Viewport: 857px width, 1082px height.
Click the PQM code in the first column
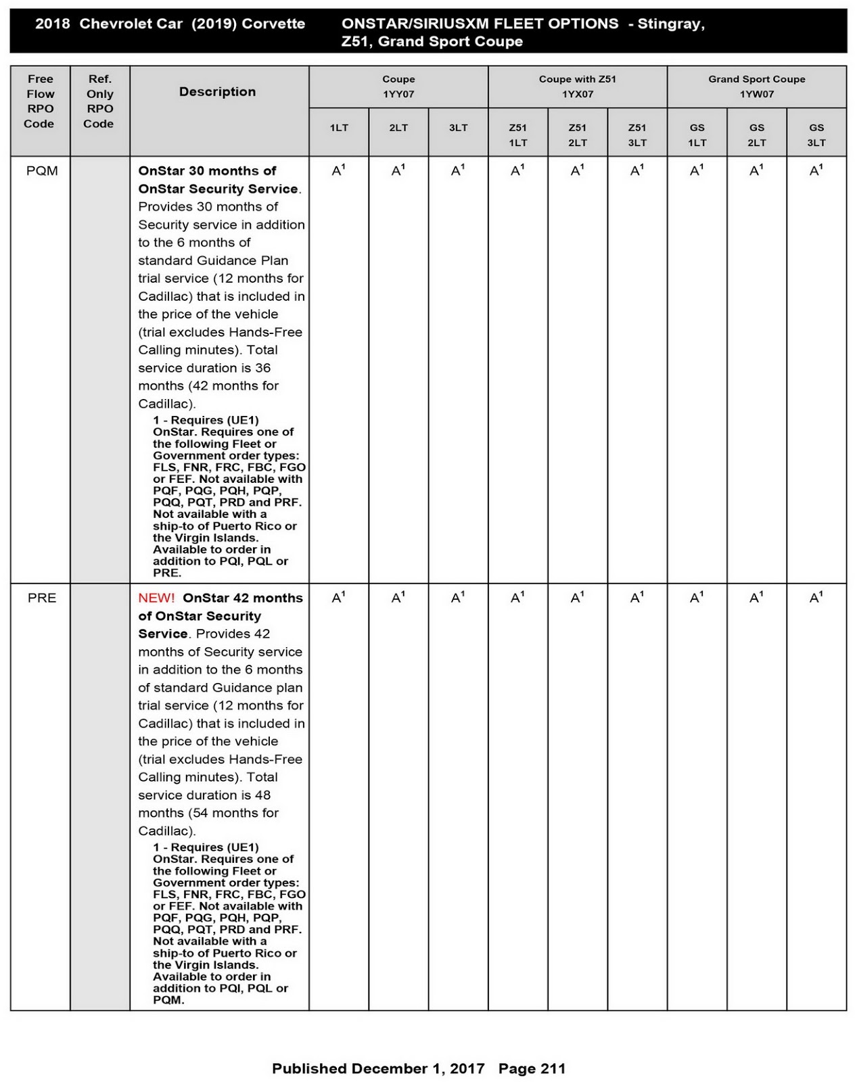coord(42,171)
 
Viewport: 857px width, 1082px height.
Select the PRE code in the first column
coord(42,598)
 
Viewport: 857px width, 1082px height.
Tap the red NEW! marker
coord(156,598)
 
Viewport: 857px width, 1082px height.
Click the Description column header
coord(217,92)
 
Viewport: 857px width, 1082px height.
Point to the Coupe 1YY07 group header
coord(398,87)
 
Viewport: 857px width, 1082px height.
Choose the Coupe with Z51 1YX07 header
coord(577,87)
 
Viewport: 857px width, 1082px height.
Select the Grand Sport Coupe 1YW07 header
coord(756,87)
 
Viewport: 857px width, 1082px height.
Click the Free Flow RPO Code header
coord(40,101)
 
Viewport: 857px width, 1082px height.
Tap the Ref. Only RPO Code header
coord(99,101)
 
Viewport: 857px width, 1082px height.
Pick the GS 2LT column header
coord(756,135)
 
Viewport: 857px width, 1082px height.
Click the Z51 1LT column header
coord(517,135)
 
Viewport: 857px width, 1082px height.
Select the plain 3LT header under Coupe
coord(458,128)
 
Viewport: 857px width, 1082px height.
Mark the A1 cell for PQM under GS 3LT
coord(816,171)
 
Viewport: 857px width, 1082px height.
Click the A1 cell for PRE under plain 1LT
coord(338,598)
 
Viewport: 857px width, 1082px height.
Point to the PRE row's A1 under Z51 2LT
coord(577,598)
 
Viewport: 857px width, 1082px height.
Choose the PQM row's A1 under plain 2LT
coord(398,171)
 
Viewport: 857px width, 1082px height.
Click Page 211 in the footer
coord(532,1068)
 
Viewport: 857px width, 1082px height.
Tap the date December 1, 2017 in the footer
coord(418,1068)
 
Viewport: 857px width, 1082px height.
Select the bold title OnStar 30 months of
coord(207,171)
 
